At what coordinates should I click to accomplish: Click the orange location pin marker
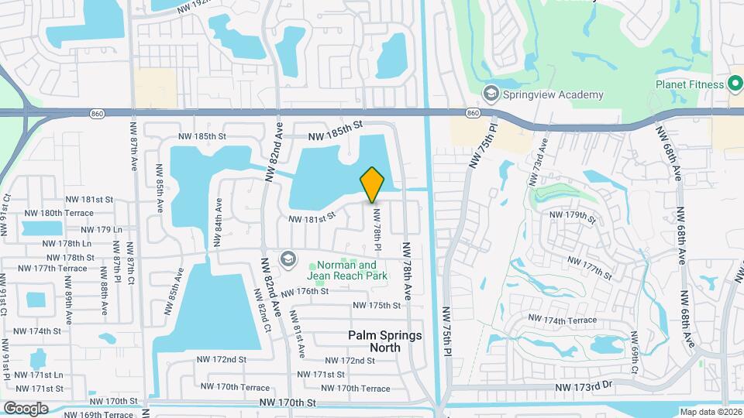click(373, 185)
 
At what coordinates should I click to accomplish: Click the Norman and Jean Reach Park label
click(346, 269)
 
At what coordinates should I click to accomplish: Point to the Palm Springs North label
click(385, 341)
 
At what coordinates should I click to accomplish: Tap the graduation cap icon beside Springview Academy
click(491, 94)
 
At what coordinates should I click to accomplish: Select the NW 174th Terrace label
click(563, 320)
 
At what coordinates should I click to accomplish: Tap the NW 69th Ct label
click(634, 351)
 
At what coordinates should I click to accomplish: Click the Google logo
click(26, 408)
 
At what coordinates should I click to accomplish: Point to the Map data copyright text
click(711, 412)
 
